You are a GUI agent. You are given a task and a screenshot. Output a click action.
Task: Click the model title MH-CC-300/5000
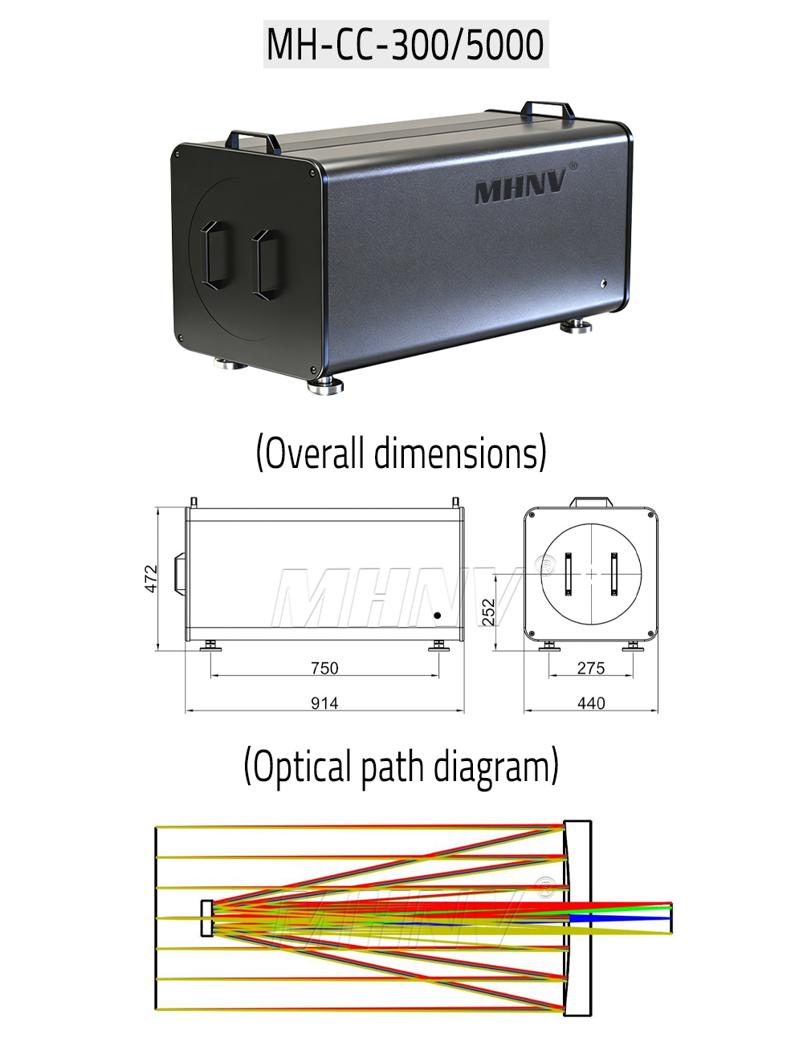(x=406, y=45)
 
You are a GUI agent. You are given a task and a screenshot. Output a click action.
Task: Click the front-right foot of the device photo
(x=325, y=385)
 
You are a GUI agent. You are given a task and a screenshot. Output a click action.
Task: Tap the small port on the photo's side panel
(x=602, y=283)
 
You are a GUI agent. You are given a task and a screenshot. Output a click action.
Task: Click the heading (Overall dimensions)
(x=401, y=453)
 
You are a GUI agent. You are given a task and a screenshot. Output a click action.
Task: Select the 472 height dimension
(x=152, y=579)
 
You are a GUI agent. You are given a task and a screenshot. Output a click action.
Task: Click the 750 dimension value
(x=324, y=668)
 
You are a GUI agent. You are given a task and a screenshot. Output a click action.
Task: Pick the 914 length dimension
(x=324, y=703)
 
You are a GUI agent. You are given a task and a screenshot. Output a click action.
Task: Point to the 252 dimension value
(x=489, y=611)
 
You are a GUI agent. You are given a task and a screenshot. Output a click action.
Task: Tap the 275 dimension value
(x=591, y=668)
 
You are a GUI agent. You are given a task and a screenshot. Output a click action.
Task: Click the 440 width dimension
(x=591, y=703)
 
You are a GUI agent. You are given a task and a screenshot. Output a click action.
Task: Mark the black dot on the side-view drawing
(x=438, y=616)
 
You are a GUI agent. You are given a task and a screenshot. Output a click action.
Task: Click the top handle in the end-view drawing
(x=591, y=503)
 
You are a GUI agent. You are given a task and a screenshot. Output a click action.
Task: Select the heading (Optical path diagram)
(x=401, y=766)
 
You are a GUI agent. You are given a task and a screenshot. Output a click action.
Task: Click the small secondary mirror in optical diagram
(x=207, y=918)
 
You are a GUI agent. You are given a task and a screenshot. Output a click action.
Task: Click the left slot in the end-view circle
(x=569, y=574)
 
